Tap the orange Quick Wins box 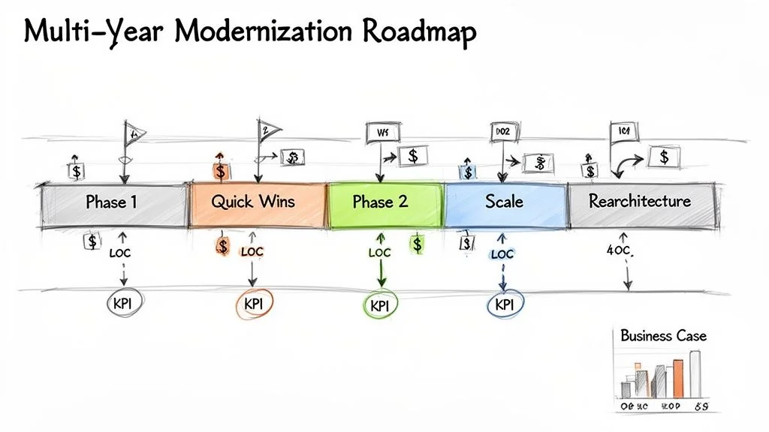[x=253, y=202]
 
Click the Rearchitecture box [x=639, y=202]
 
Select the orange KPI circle [x=253, y=304]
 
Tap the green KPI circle [x=381, y=305]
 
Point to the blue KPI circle [x=504, y=304]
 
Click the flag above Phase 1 [x=134, y=135]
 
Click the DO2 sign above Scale [x=502, y=132]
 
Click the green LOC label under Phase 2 [x=380, y=253]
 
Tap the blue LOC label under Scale [x=502, y=254]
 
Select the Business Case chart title [x=663, y=335]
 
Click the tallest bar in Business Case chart [x=695, y=373]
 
